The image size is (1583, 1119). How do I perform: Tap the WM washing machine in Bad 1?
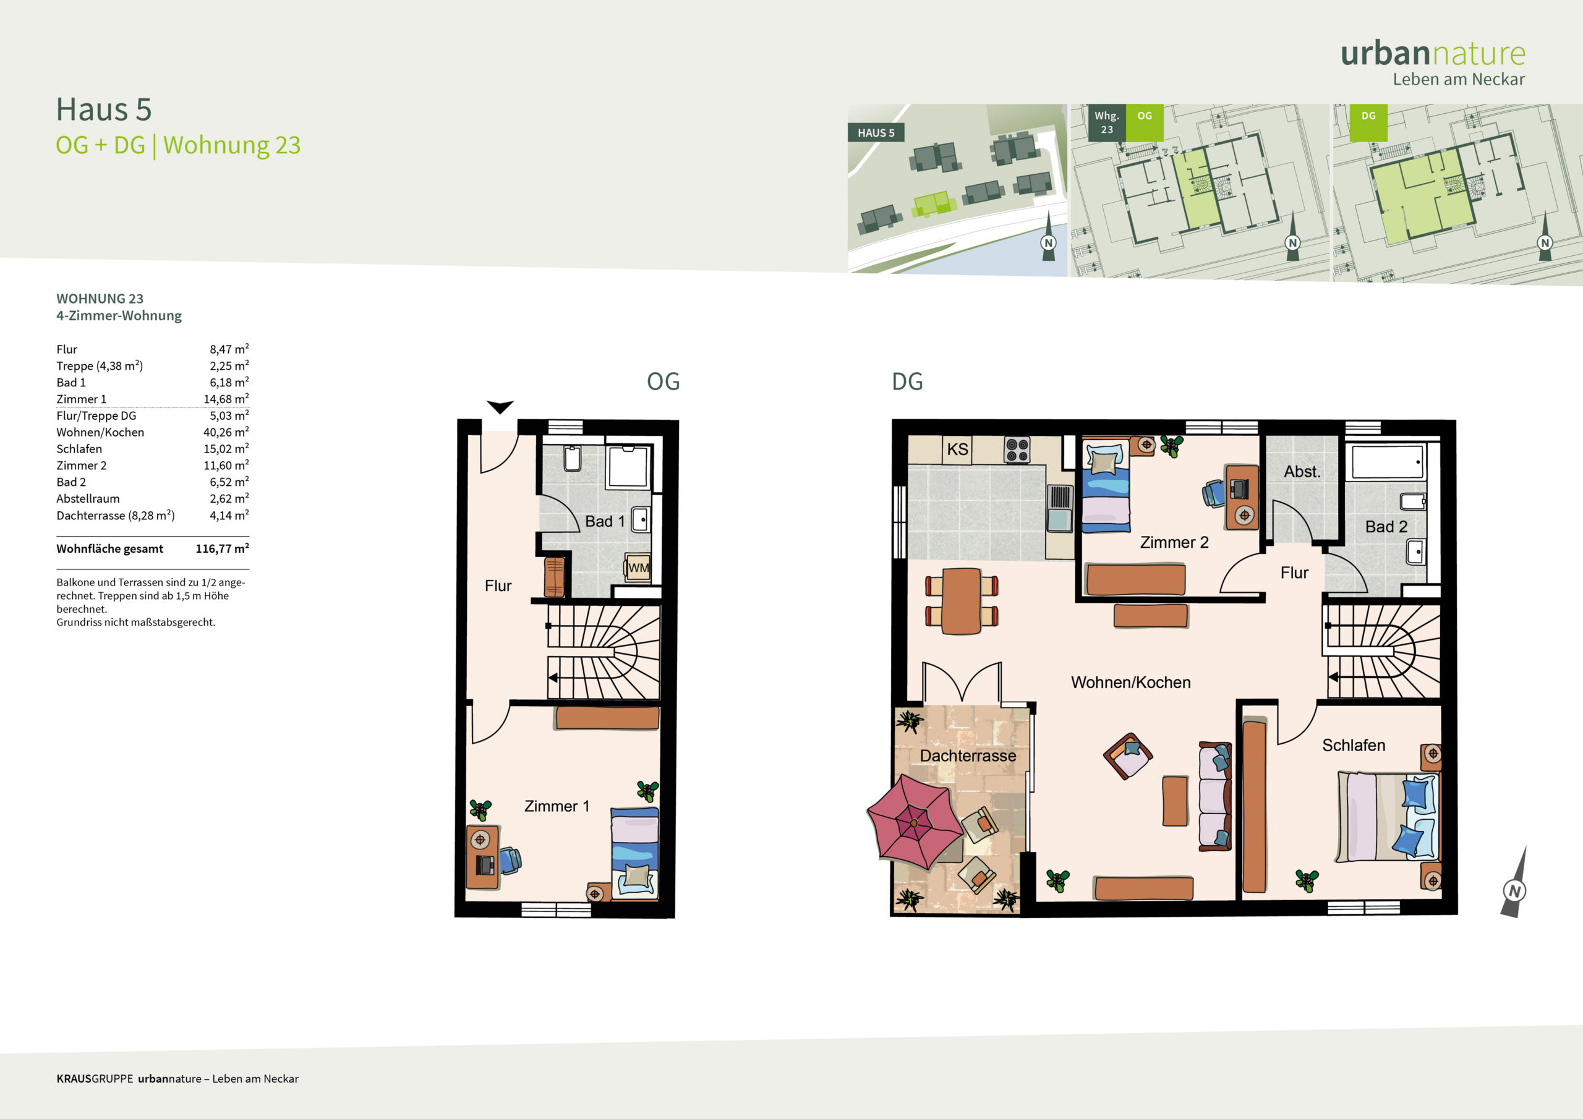click(x=638, y=568)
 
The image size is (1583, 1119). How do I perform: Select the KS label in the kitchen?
click(x=958, y=449)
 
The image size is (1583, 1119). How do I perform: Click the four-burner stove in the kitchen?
click(x=1017, y=450)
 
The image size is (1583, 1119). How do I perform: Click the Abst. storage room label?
click(x=1302, y=472)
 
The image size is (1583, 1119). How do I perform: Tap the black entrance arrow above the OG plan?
click(x=500, y=407)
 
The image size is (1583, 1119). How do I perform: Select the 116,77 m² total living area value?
click(x=222, y=549)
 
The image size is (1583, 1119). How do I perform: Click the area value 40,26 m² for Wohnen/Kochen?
click(x=226, y=432)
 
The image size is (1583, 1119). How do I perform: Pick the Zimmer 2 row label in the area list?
click(x=82, y=466)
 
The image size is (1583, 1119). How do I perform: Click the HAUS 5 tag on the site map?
click(x=876, y=133)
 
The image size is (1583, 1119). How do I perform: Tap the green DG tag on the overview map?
click(x=1368, y=116)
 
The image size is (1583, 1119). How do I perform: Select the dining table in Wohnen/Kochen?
click(x=961, y=600)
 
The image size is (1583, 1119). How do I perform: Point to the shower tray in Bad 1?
click(x=628, y=467)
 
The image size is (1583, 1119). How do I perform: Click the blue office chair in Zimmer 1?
click(x=510, y=860)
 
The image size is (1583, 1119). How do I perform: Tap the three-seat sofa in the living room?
click(x=1215, y=796)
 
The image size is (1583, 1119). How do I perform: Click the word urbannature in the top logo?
click(x=1433, y=54)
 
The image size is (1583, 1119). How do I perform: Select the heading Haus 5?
click(x=103, y=109)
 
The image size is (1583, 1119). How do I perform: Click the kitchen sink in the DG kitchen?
click(x=1060, y=508)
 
